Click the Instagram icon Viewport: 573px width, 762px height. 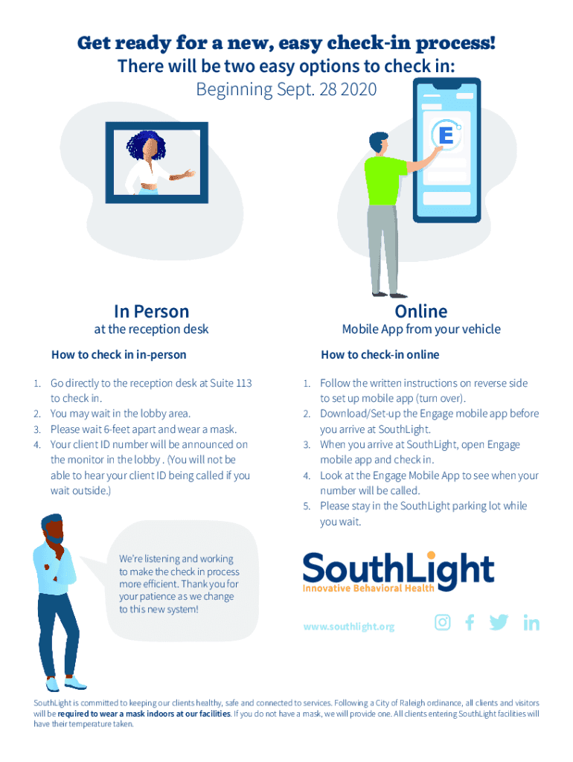443,623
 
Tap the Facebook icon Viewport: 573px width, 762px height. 470,623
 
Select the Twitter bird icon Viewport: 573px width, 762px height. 499,623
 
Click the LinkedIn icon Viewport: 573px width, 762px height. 531,624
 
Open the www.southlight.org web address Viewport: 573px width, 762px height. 348,627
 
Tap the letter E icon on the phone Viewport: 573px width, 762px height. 446,136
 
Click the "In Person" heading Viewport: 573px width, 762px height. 151,311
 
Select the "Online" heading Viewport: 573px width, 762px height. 421,311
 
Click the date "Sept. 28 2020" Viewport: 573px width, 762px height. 326,90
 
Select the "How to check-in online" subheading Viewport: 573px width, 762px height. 380,355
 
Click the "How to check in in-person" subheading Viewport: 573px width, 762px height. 118,355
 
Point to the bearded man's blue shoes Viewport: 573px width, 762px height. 67,683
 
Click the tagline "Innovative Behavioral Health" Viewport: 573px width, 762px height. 368,589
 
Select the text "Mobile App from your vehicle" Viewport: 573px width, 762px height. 420,330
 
